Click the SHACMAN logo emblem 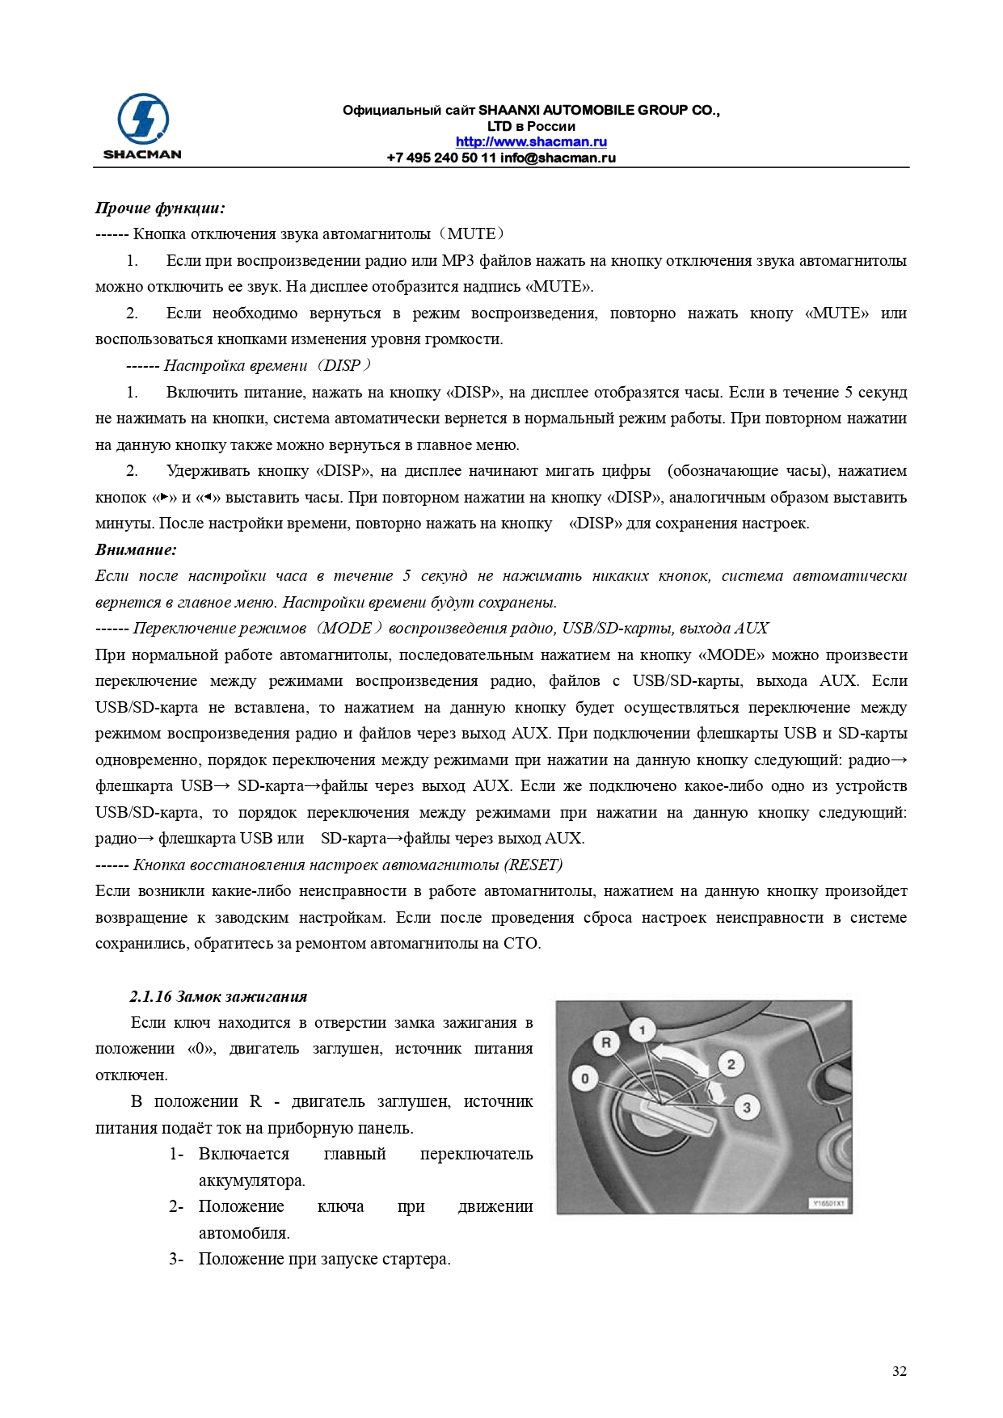[143, 119]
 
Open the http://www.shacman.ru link [531, 142]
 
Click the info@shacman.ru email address [558, 158]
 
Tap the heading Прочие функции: [160, 208]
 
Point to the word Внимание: [136, 550]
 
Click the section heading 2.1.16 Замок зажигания [218, 996]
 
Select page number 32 [899, 1371]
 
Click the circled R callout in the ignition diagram [606, 1042]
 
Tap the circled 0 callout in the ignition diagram [585, 1078]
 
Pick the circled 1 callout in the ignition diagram [643, 1029]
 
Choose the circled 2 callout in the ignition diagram [731, 1063]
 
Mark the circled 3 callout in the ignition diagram [747, 1107]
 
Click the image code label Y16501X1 [828, 1203]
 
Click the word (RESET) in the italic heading [533, 865]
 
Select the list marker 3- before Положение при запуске [176, 1259]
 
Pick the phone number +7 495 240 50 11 [441, 158]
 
